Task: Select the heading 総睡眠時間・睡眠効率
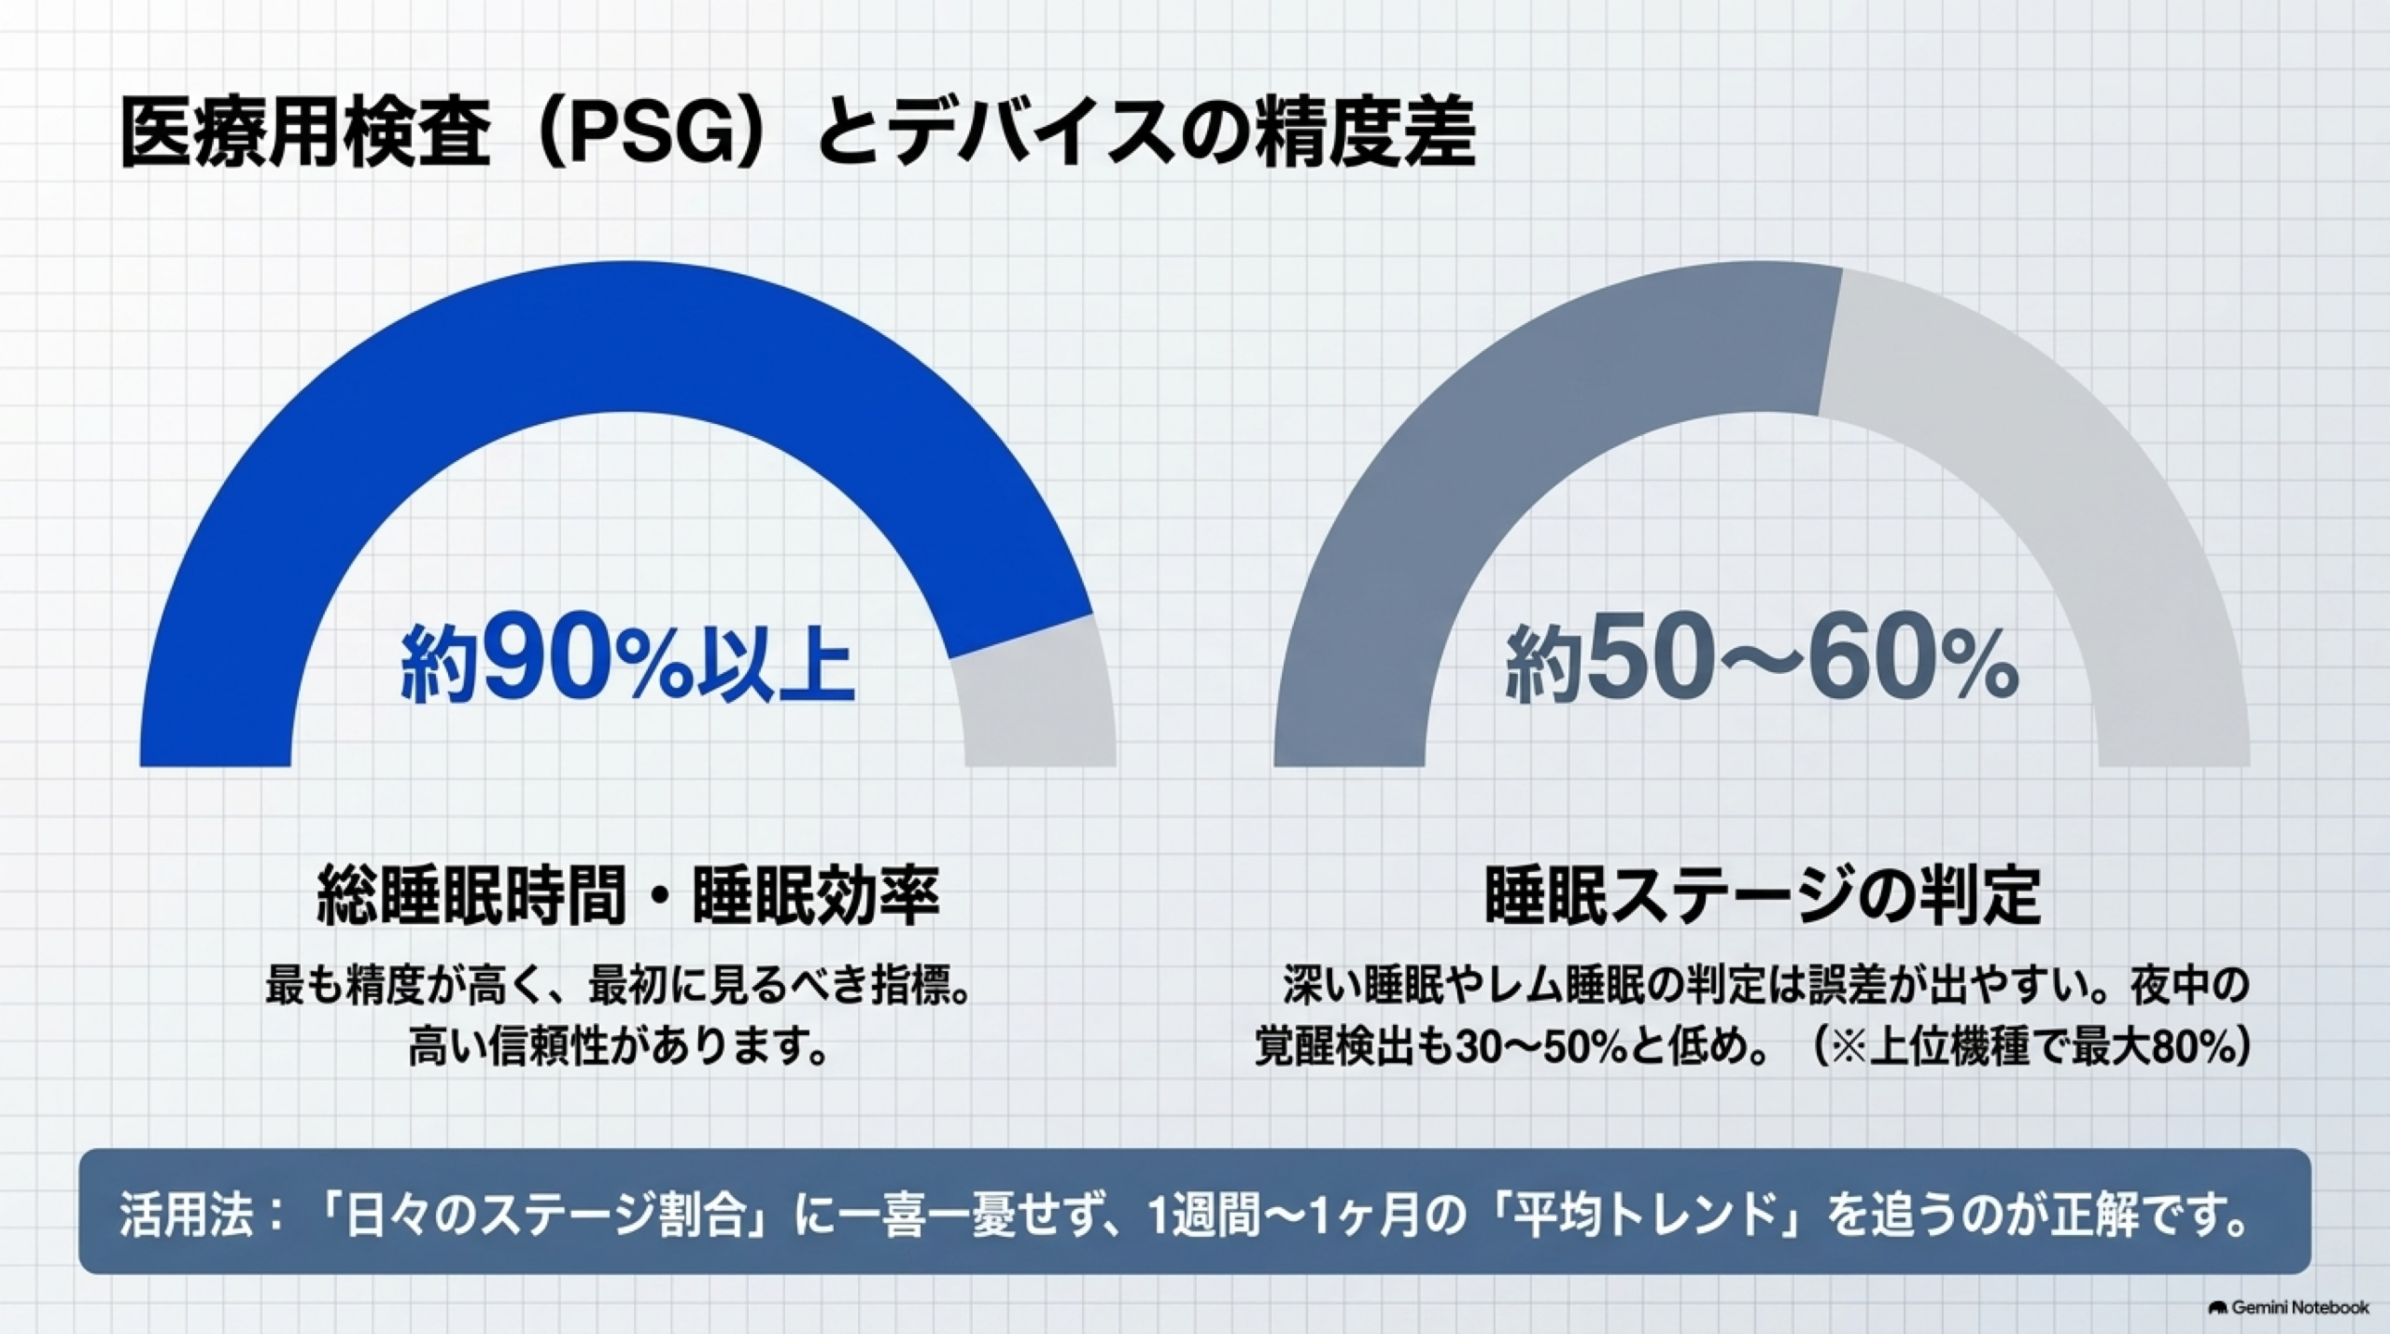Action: (628, 896)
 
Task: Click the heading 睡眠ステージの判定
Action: (1763, 896)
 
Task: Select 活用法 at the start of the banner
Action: (187, 1215)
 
